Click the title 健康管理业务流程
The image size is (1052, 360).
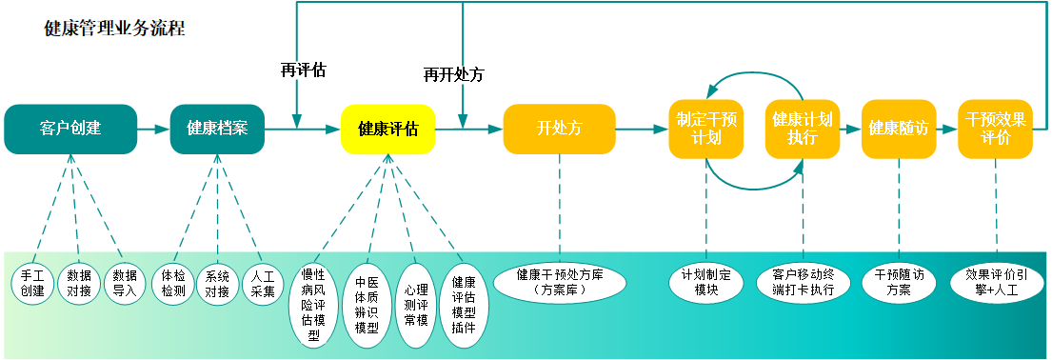pyautogui.click(x=114, y=28)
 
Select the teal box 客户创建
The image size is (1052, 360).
pyautogui.click(x=70, y=129)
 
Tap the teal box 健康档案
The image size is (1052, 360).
pyautogui.click(x=217, y=129)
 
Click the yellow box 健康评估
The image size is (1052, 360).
pyautogui.click(x=388, y=129)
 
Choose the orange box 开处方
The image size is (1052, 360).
pyautogui.click(x=559, y=129)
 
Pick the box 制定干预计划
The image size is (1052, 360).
pyautogui.click(x=705, y=129)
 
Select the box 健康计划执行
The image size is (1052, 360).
pyautogui.click(x=802, y=129)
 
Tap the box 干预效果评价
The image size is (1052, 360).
pyautogui.click(x=995, y=129)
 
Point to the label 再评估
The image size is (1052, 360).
pyautogui.click(x=303, y=70)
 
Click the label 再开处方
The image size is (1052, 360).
pyautogui.click(x=453, y=74)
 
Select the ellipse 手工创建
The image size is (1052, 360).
pyautogui.click(x=32, y=284)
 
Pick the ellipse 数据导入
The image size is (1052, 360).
pyautogui.click(x=125, y=284)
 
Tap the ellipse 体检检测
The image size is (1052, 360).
pyautogui.click(x=173, y=284)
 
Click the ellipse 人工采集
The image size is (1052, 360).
pyautogui.click(x=263, y=284)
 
